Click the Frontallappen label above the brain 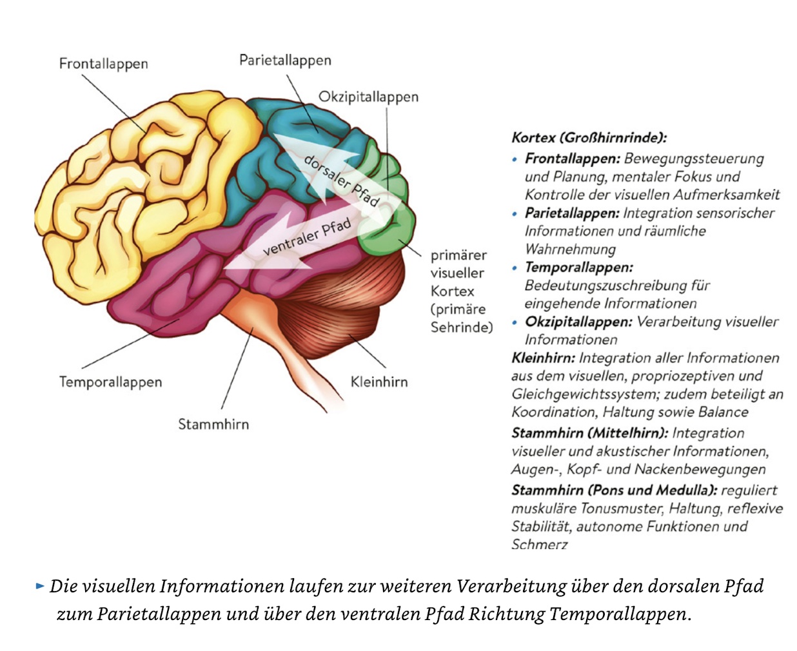click(103, 64)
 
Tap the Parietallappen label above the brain click(285, 61)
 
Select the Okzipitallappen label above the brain click(368, 97)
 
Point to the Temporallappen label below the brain click(111, 382)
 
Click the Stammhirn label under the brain click(213, 424)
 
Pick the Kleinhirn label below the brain click(379, 382)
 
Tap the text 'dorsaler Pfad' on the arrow click(341, 180)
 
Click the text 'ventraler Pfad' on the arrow click(306, 237)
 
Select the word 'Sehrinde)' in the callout click(462, 327)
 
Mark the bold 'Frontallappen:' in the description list click(573, 159)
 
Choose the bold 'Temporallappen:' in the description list click(579, 267)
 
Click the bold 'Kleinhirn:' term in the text click(544, 358)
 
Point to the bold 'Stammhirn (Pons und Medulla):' click(615, 491)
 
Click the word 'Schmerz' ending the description click(540, 545)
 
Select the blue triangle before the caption click(40, 586)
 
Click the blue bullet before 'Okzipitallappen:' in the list click(515, 323)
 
